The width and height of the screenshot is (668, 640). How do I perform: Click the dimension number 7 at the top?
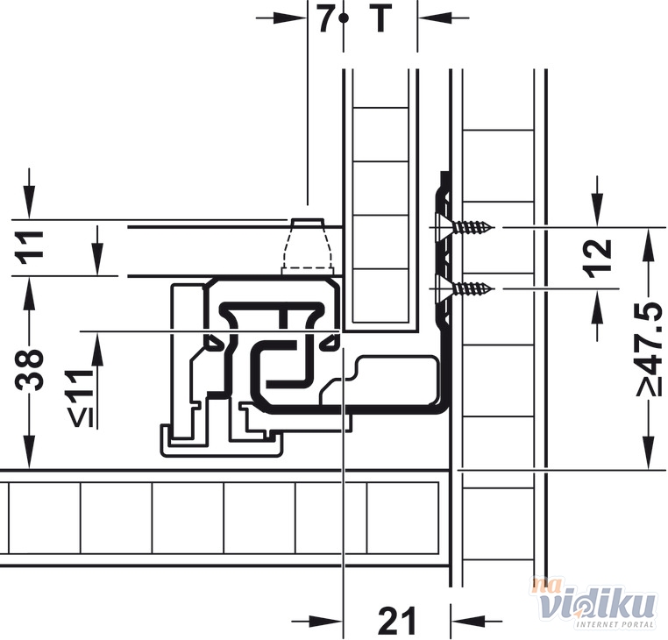tap(326, 18)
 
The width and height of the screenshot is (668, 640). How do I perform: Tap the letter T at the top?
tap(380, 18)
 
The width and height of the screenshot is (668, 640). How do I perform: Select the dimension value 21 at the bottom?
tap(396, 621)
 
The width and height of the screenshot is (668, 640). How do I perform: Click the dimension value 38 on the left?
tap(29, 370)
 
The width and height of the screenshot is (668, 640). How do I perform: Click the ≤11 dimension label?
tap(82, 398)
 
